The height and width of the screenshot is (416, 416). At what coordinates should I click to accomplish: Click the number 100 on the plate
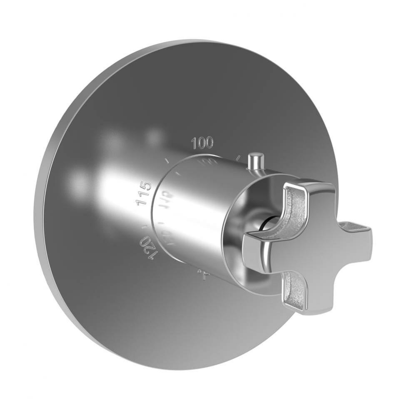point(202,143)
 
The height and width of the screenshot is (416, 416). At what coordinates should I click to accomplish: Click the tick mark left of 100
point(167,161)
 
